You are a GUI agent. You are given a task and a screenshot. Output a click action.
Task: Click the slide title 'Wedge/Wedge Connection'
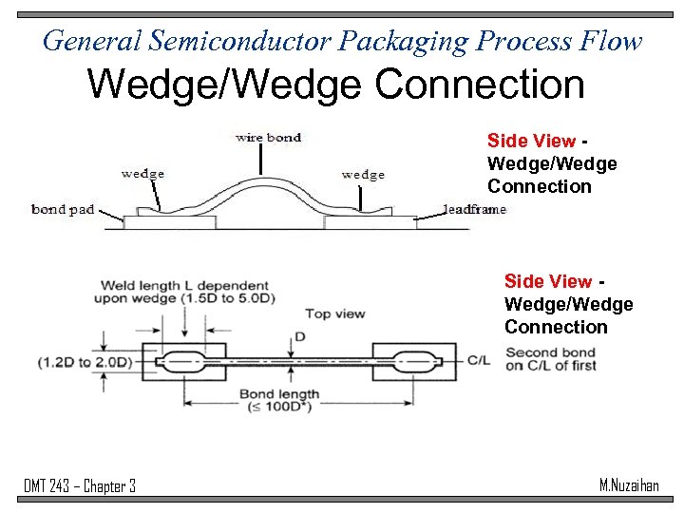coord(335,85)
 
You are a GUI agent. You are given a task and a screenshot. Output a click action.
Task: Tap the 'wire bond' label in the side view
coord(268,138)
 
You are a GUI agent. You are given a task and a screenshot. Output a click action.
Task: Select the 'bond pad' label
coord(63,209)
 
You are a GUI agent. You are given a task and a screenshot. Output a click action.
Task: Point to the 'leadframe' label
coord(474,209)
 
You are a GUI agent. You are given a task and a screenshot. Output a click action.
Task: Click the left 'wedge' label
coord(142,173)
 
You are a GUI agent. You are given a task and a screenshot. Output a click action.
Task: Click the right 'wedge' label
coord(363,174)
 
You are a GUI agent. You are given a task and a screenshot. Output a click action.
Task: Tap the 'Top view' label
coord(334,313)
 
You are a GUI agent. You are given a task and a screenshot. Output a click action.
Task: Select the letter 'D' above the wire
coord(299,336)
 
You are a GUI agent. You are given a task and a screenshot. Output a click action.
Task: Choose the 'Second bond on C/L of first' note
coord(551,358)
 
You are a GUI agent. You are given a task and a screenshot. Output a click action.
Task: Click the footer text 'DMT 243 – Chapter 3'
coord(80,486)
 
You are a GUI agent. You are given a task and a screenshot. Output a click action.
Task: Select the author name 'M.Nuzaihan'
coord(629,485)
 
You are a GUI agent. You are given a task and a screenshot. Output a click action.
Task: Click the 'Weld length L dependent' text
coord(180,285)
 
